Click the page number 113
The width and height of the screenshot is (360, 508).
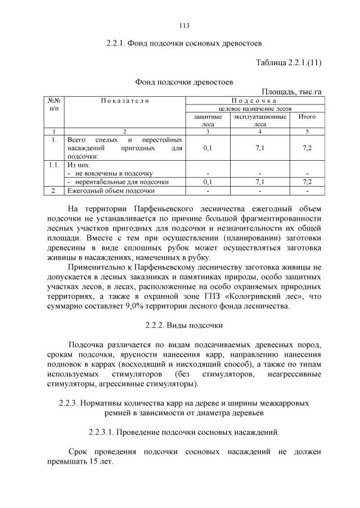pos(184,25)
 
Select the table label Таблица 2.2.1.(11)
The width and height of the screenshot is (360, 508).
pos(289,62)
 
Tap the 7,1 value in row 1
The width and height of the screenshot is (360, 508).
pos(259,147)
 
